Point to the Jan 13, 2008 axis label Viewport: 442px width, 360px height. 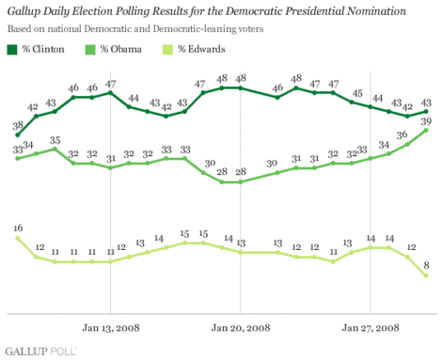point(110,326)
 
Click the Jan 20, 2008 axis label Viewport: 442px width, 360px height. point(241,326)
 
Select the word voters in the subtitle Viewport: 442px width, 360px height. point(264,29)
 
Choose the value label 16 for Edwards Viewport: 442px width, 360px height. point(18,228)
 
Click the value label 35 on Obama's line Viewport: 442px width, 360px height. point(55,140)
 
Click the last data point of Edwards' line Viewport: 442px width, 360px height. point(426,275)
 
